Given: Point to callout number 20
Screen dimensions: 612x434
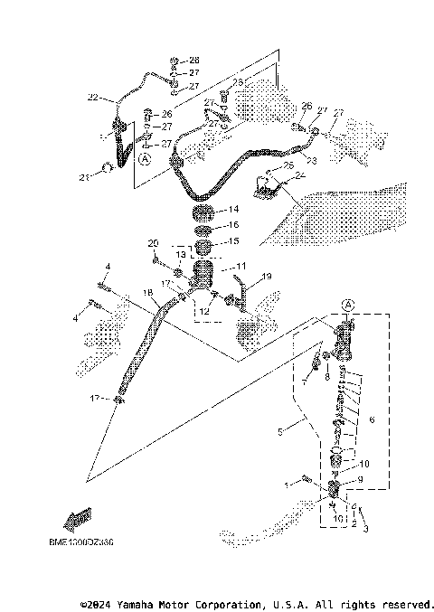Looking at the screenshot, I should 153,243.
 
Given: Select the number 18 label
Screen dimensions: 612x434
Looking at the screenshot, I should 147,293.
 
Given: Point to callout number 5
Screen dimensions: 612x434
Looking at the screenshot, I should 280,433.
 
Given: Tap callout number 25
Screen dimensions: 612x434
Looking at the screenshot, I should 288,165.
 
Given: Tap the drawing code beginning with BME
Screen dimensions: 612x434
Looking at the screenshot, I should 81,543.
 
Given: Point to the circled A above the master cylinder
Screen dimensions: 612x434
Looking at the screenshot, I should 349,305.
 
